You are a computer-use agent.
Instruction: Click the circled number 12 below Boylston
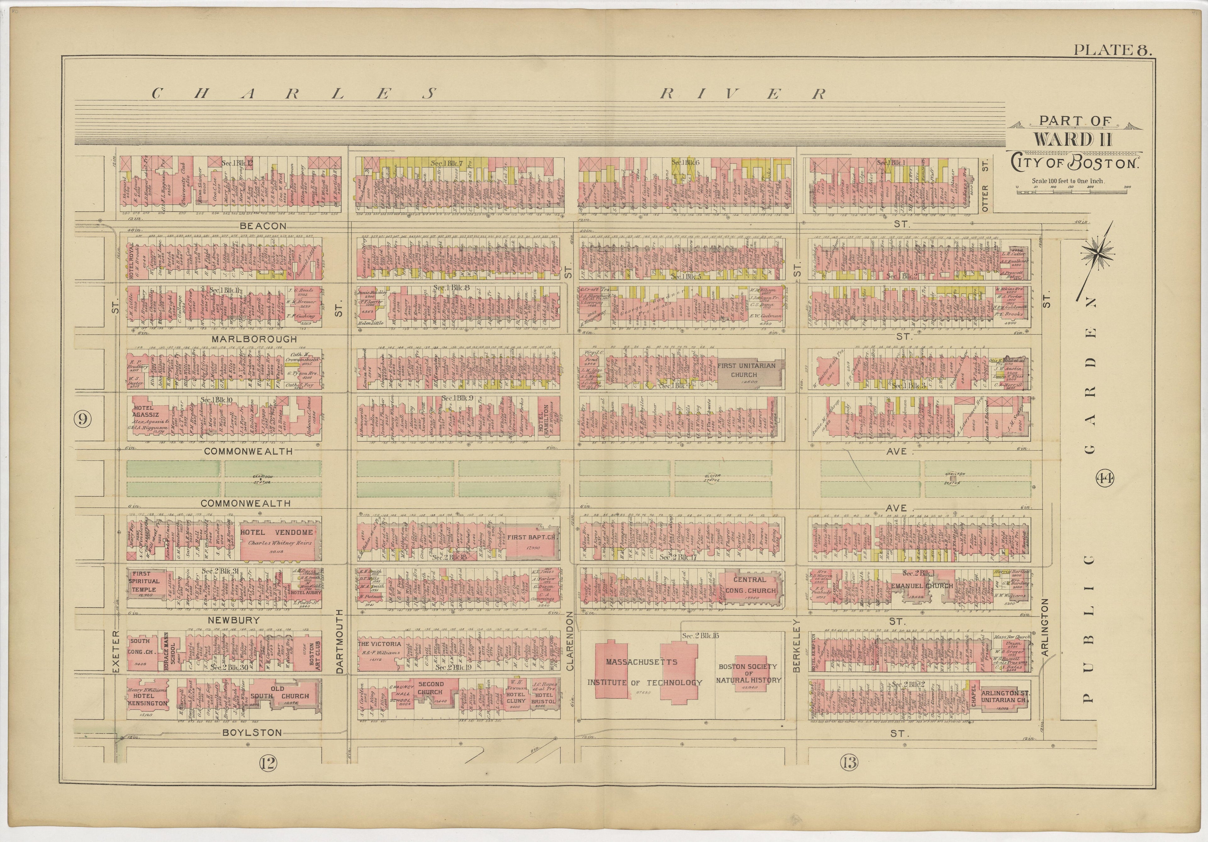(267, 777)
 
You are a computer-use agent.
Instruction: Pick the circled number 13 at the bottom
(849, 777)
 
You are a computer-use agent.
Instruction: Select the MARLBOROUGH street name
(254, 339)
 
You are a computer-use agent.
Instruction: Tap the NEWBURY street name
(234, 620)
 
